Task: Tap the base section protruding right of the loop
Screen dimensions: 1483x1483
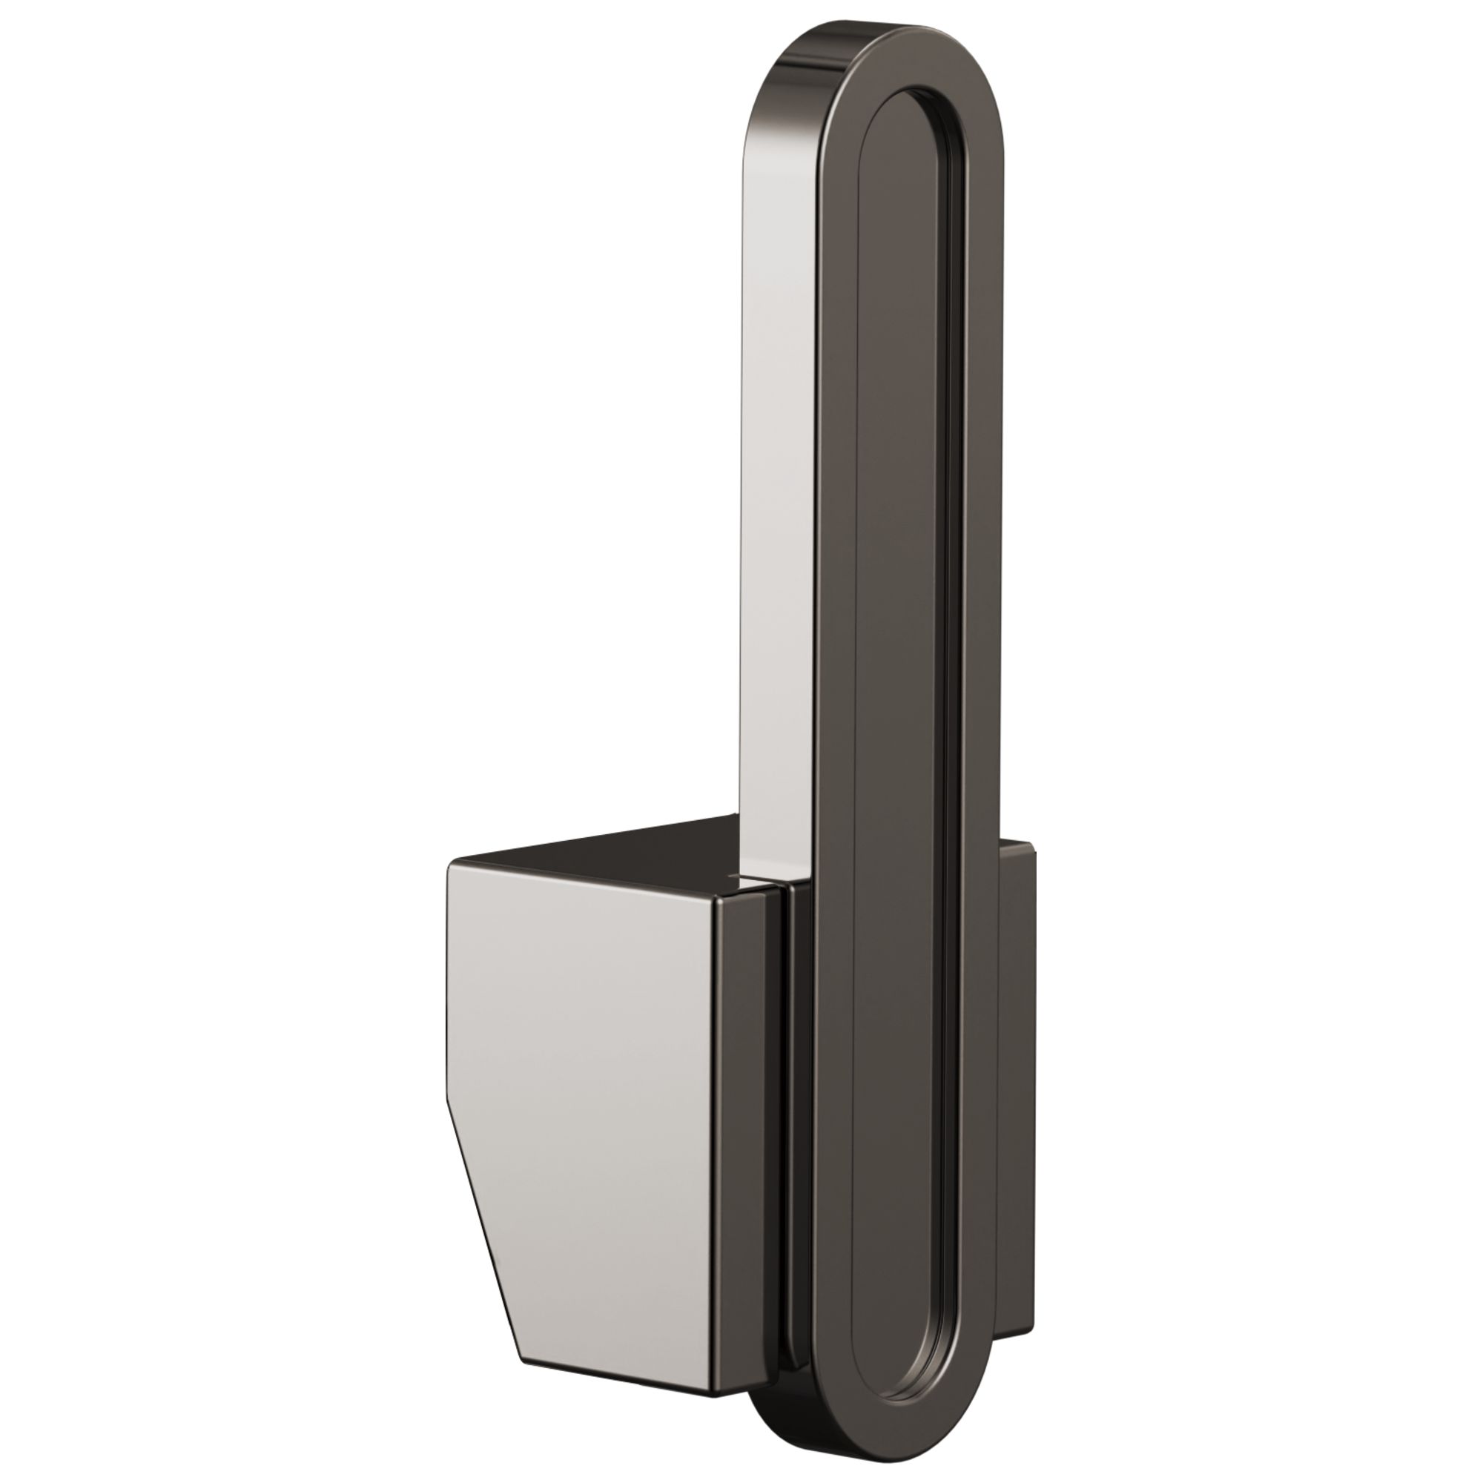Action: click(1017, 1074)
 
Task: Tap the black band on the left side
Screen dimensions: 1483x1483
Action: click(222, 741)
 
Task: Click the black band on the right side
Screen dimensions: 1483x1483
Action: click(1259, 741)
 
